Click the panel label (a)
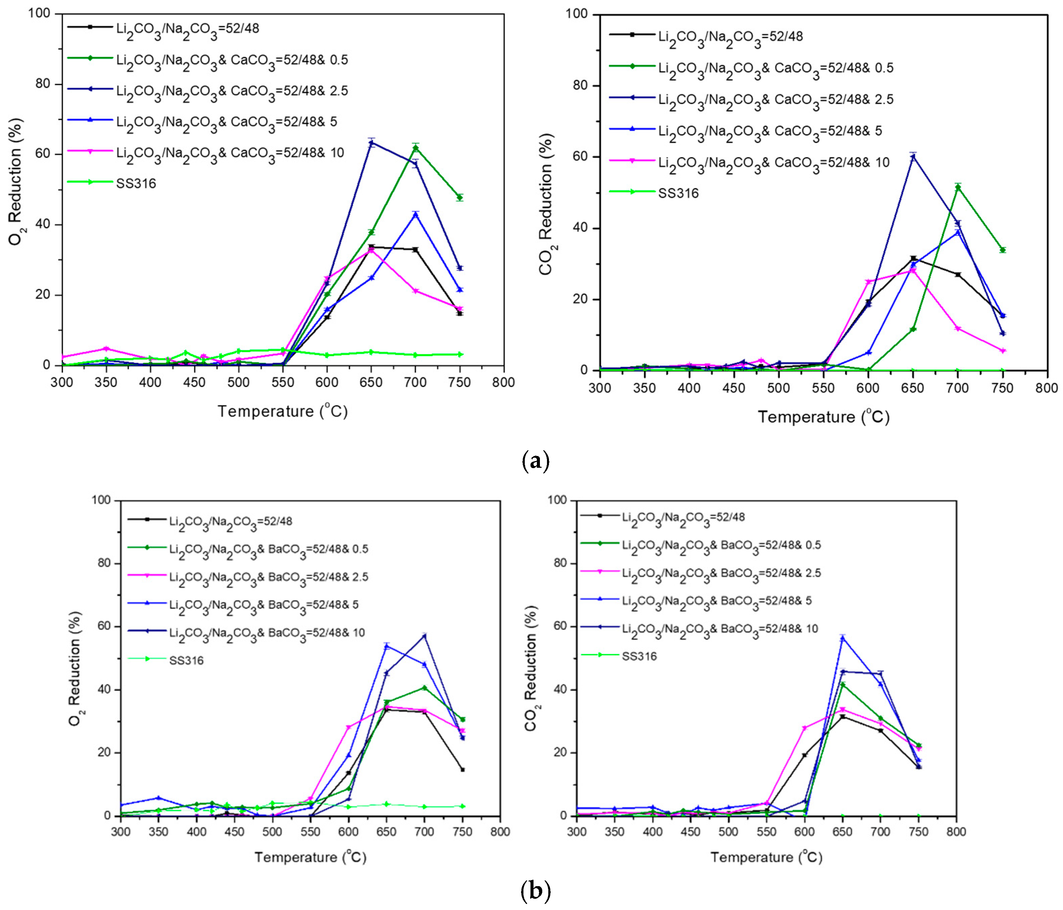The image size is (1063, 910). point(535,461)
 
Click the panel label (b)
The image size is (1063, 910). point(535,891)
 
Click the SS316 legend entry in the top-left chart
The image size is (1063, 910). point(136,183)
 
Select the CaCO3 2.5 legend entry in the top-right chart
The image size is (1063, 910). point(775,99)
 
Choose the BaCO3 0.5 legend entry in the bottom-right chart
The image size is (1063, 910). point(721,545)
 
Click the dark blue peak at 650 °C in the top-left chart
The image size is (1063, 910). point(371,142)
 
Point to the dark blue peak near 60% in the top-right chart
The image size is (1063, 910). point(913,157)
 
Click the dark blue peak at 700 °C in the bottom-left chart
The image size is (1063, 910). point(424,636)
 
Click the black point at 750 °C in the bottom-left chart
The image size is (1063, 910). point(462,770)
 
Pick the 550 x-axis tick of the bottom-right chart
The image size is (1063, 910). point(766,831)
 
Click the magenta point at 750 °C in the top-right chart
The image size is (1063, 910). point(1002,351)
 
